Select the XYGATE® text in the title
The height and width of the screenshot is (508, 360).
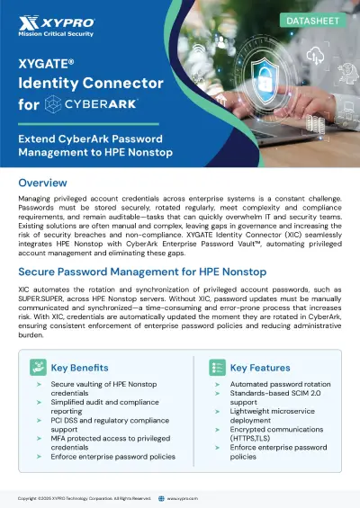click(48, 65)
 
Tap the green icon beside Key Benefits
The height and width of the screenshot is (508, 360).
click(37, 368)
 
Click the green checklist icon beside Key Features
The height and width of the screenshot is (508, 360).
click(217, 368)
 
